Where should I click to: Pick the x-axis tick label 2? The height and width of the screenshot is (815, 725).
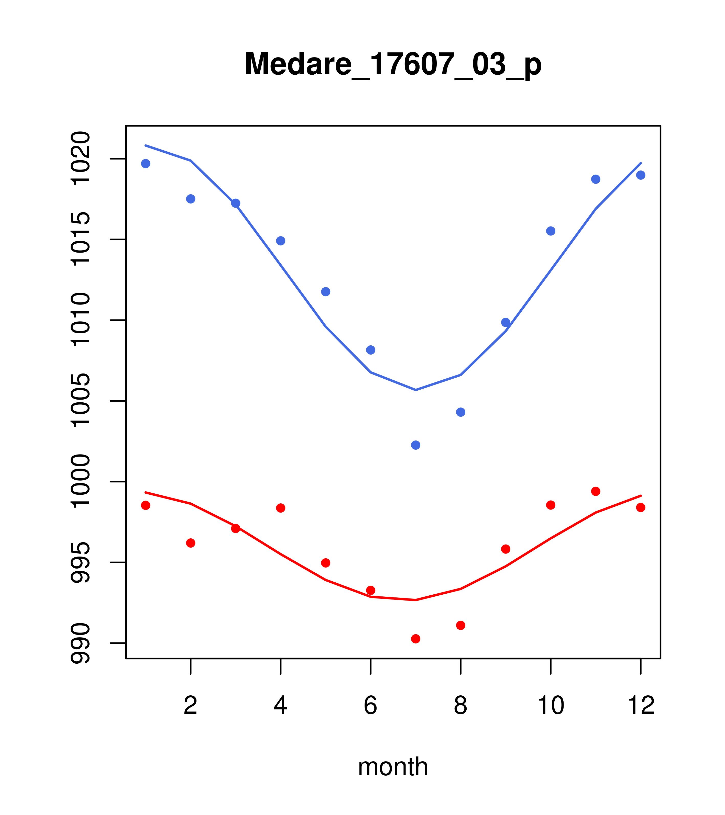tap(191, 705)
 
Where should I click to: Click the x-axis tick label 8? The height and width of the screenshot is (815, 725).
tap(460, 705)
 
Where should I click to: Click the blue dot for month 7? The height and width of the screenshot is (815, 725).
tap(415, 445)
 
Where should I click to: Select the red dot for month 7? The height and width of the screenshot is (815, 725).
tap(415, 639)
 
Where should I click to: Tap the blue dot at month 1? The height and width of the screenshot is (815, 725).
tap(146, 163)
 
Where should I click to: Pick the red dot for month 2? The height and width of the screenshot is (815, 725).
tap(191, 543)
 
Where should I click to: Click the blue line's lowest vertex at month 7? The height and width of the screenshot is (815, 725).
tap(415, 390)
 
